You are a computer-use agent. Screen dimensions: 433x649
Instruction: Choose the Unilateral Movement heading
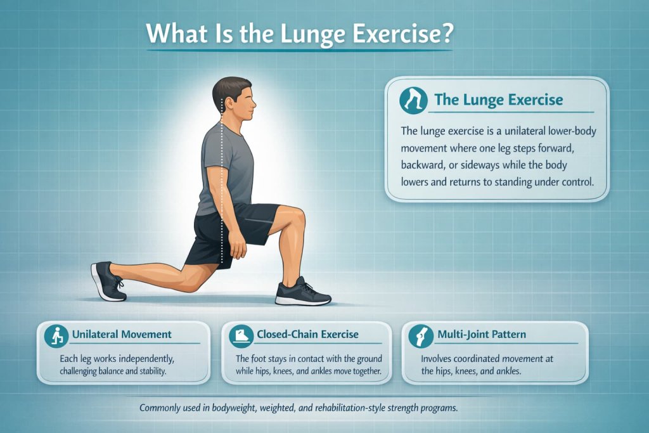(x=122, y=334)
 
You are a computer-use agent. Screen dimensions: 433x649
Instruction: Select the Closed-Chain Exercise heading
(x=307, y=334)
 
